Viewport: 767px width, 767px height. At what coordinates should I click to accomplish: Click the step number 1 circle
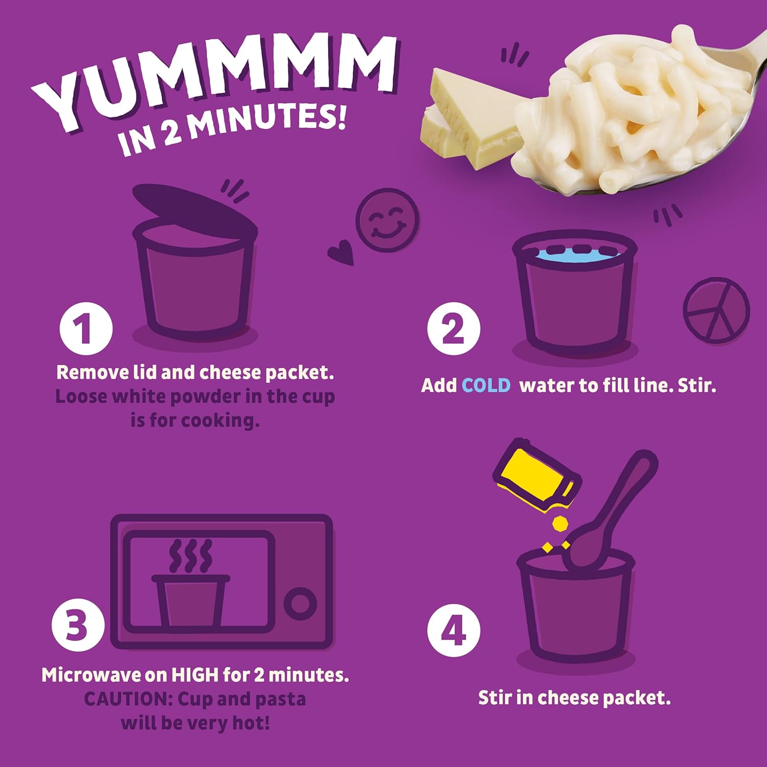tap(85, 329)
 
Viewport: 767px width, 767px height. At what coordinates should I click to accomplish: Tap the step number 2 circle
tap(454, 329)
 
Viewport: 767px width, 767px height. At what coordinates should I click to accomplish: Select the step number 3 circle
tap(78, 624)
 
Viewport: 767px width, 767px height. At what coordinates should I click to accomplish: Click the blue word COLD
tap(486, 385)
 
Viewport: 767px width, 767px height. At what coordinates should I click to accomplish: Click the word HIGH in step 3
tap(195, 675)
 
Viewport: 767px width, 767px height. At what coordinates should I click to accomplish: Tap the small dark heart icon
tap(342, 253)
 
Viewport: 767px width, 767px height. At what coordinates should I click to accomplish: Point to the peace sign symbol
tap(716, 310)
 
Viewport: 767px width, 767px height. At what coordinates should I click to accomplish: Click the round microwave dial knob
tap(300, 603)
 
